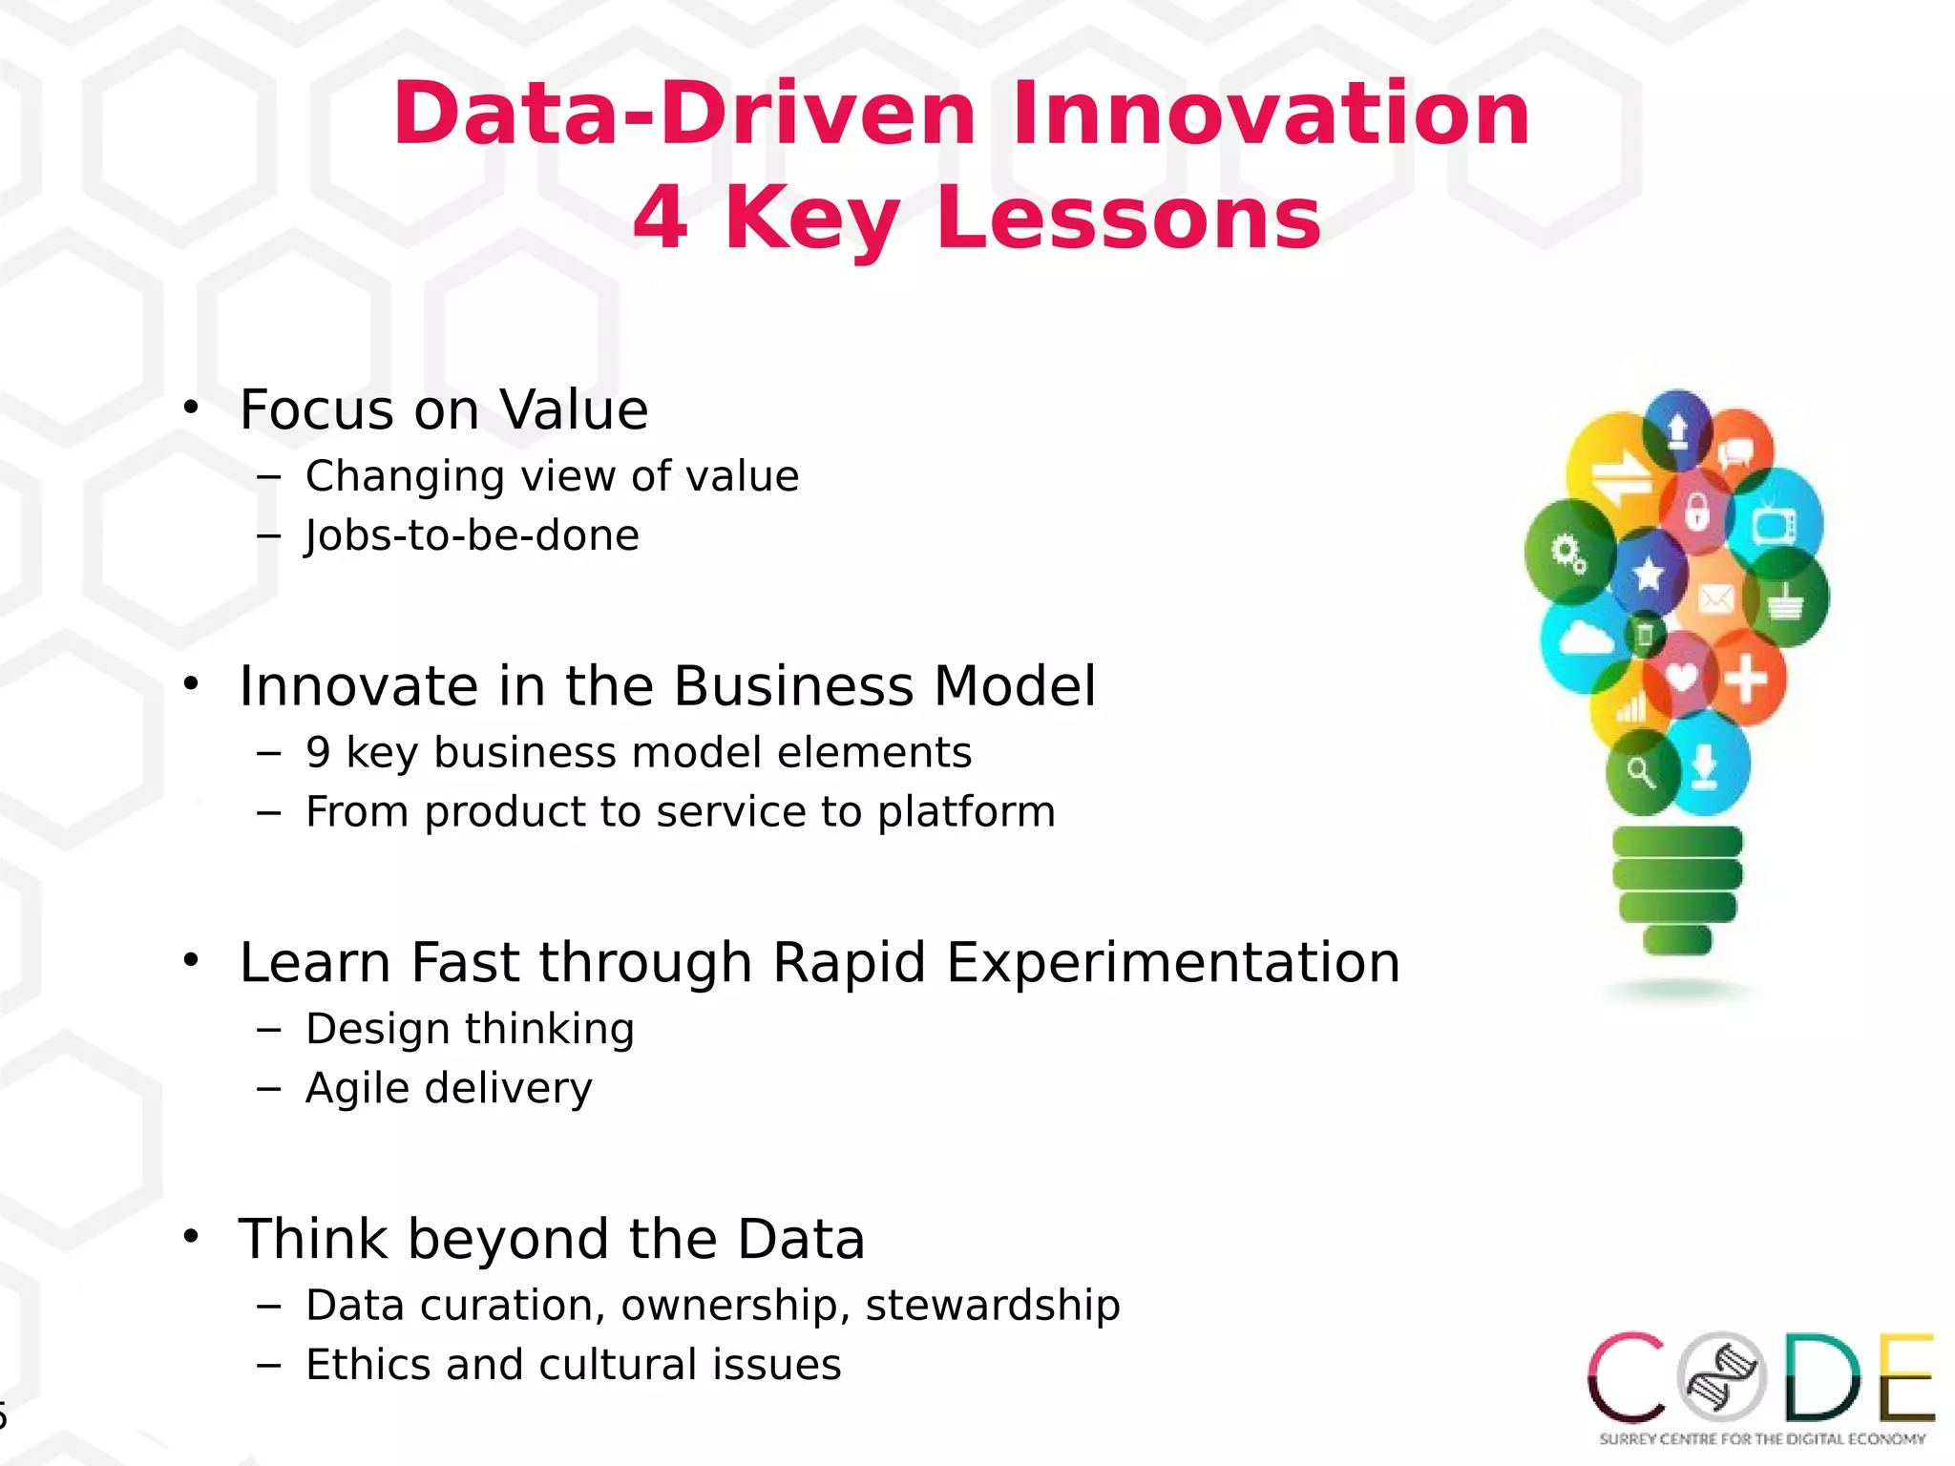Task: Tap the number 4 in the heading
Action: [x=661, y=218]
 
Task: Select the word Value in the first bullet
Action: [x=574, y=410]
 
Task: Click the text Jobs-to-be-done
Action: [x=473, y=535]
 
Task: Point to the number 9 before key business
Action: [x=319, y=753]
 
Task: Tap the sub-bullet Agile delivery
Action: [x=449, y=1088]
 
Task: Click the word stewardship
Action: [x=993, y=1306]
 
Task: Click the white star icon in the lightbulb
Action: [x=1649, y=574]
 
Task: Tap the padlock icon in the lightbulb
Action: [x=1696, y=512]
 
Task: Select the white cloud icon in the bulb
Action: [x=1585, y=638]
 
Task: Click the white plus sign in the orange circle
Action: [x=1746, y=679]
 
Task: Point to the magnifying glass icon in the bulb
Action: [x=1641, y=772]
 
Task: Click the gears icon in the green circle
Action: [x=1568, y=553]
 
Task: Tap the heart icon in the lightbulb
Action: [x=1681, y=677]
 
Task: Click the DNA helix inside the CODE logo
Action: [x=1722, y=1376]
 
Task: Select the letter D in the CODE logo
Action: [x=1822, y=1376]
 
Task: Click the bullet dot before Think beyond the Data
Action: [x=192, y=1237]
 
